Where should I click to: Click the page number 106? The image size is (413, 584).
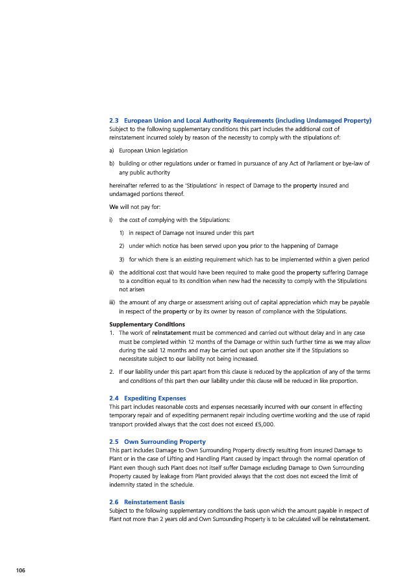point(20,570)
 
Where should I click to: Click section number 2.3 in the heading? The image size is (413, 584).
point(114,121)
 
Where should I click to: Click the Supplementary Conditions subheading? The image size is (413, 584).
point(147,324)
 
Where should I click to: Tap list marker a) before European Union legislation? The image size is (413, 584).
point(112,151)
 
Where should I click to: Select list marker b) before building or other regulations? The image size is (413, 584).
point(112,164)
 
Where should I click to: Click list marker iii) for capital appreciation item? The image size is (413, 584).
point(113,302)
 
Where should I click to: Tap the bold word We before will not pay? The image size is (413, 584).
point(114,207)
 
